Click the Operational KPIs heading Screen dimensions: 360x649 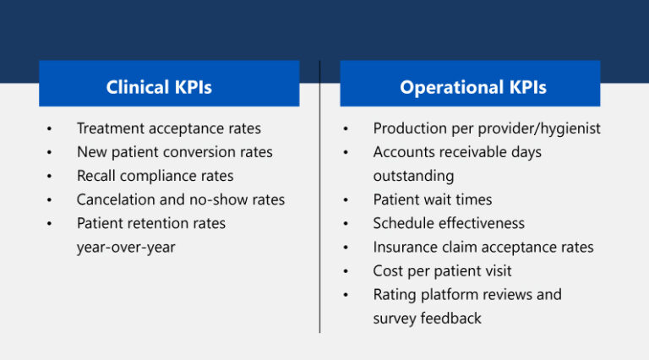pos(472,87)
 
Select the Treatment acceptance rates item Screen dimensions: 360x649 pos(168,128)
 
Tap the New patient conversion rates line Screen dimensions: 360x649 pos(174,152)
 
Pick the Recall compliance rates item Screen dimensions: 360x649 pos(155,176)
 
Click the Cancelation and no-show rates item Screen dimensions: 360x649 pos(180,199)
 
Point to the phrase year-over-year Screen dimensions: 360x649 pos(126,248)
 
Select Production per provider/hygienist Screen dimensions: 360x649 pos(487,128)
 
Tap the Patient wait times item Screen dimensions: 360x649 pos(432,199)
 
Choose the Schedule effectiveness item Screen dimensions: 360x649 pos(449,223)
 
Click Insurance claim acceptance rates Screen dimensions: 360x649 pos(483,247)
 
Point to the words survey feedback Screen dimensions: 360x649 pos(427,318)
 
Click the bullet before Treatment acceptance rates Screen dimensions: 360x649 pos(50,129)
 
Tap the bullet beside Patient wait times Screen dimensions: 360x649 pos(346,200)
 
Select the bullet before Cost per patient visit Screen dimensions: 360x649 pos(346,271)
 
